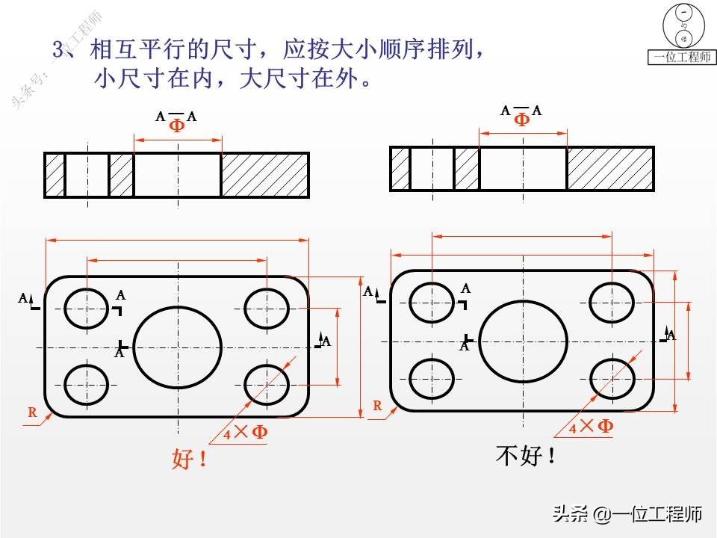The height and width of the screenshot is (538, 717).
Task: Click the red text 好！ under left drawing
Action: (x=189, y=460)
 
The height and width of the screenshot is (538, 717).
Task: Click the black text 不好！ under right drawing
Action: (x=526, y=455)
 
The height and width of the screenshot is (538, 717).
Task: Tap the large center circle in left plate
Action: (x=178, y=347)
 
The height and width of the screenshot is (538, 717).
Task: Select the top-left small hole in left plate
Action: (x=87, y=308)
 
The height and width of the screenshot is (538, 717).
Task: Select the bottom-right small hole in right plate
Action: (x=612, y=376)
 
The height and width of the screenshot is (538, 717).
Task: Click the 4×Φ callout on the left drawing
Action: (x=246, y=432)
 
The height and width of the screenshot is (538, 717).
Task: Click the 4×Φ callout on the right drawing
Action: (x=591, y=427)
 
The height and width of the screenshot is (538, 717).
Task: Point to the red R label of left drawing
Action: (x=32, y=412)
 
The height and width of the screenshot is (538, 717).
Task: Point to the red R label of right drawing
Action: (x=377, y=406)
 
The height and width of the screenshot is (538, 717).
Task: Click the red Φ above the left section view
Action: (x=177, y=126)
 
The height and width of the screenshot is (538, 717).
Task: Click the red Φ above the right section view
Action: (x=522, y=120)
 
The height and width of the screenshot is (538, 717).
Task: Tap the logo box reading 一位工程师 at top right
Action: (x=681, y=57)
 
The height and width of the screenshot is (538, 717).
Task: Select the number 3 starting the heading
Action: (x=59, y=49)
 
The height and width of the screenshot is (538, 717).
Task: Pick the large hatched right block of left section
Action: (x=265, y=175)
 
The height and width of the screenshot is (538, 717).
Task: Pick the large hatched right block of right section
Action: (x=610, y=169)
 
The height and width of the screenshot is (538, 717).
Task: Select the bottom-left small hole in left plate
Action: (x=87, y=383)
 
